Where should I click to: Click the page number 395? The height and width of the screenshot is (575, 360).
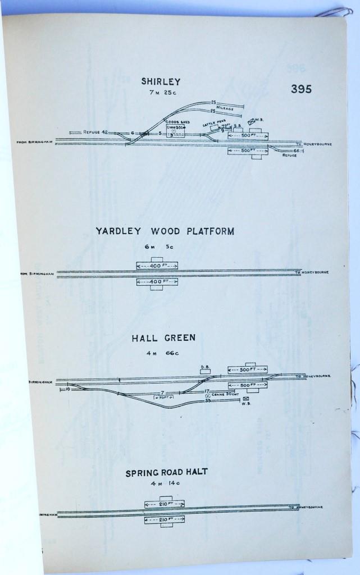coord(301,89)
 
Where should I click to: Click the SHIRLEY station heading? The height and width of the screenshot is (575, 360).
coord(161,81)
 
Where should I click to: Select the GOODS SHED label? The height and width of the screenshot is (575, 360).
coord(175,121)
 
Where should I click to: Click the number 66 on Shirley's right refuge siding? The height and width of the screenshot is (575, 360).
coord(296,150)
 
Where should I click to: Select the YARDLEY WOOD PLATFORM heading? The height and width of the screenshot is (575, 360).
coord(164,231)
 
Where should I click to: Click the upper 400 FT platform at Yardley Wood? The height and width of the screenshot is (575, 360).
coord(157,264)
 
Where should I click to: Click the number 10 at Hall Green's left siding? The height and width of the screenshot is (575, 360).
coord(67,388)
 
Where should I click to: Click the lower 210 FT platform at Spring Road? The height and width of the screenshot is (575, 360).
coord(165,520)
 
